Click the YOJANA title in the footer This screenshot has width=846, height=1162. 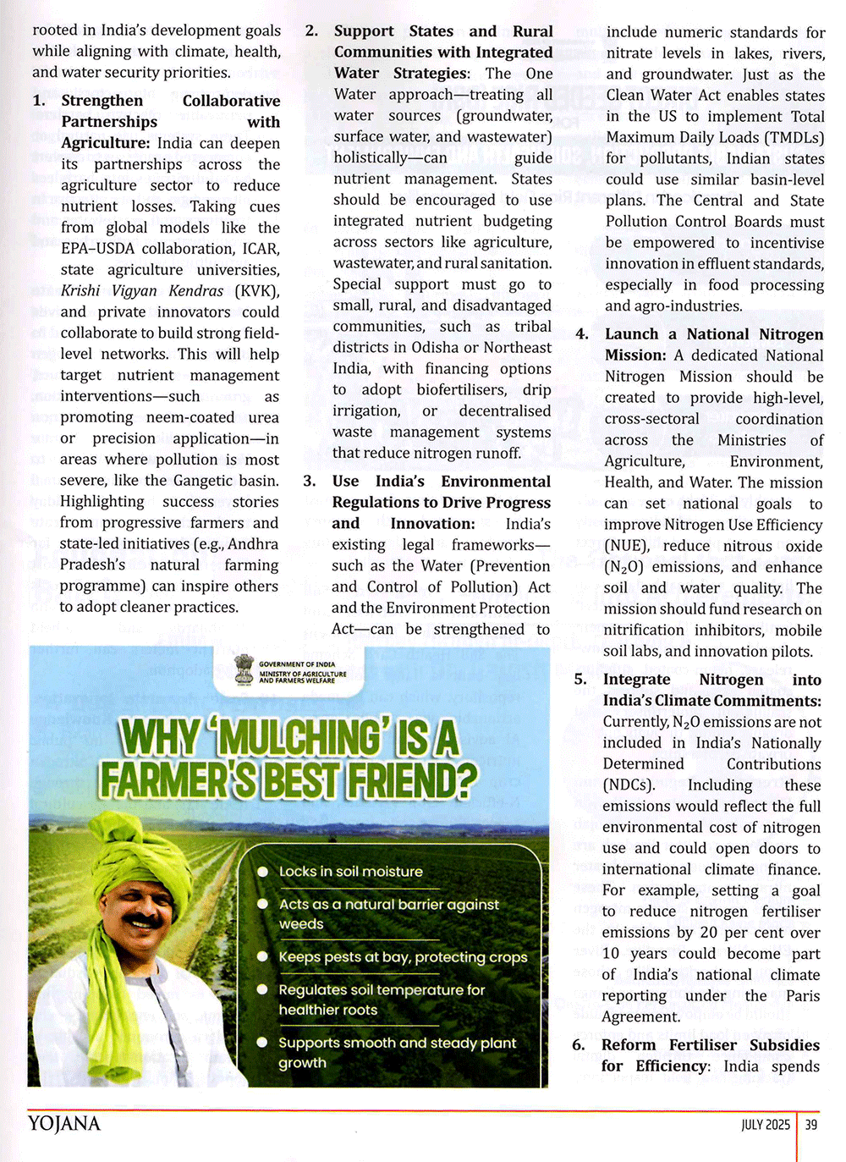click(x=64, y=1124)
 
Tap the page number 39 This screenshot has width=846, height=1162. click(x=811, y=1125)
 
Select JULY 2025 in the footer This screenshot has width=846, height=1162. click(x=765, y=1125)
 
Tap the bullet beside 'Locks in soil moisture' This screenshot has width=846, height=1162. click(x=262, y=872)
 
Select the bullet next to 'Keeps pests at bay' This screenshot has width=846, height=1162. click(x=262, y=957)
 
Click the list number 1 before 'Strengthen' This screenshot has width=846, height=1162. click(x=39, y=101)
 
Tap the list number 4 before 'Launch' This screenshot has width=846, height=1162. click(x=582, y=334)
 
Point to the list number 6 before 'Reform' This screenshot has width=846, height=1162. click(x=579, y=1045)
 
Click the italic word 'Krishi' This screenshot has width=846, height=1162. click(x=80, y=291)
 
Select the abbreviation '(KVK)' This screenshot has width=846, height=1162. click(x=256, y=291)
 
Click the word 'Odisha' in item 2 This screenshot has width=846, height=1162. click(x=435, y=348)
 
